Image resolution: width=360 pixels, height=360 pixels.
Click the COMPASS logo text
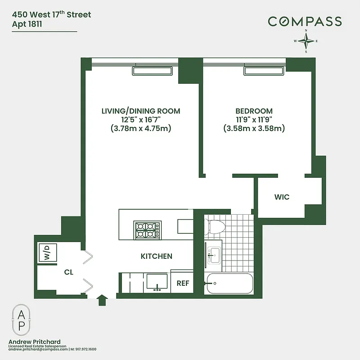click(305, 21)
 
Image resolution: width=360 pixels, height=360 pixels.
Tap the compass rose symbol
click(306, 41)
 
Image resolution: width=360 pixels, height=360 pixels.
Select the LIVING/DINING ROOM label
click(141, 111)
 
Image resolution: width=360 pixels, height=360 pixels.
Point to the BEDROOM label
click(254, 111)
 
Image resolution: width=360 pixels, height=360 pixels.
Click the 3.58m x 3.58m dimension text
click(254, 128)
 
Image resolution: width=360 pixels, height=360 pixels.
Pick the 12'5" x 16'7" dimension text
click(141, 120)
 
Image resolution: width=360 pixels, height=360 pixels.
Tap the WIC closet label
click(282, 197)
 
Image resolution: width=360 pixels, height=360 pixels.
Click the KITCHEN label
click(157, 256)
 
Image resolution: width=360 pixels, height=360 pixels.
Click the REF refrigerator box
click(183, 283)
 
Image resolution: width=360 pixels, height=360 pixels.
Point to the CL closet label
click(68, 272)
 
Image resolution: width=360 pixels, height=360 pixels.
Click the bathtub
click(228, 283)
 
